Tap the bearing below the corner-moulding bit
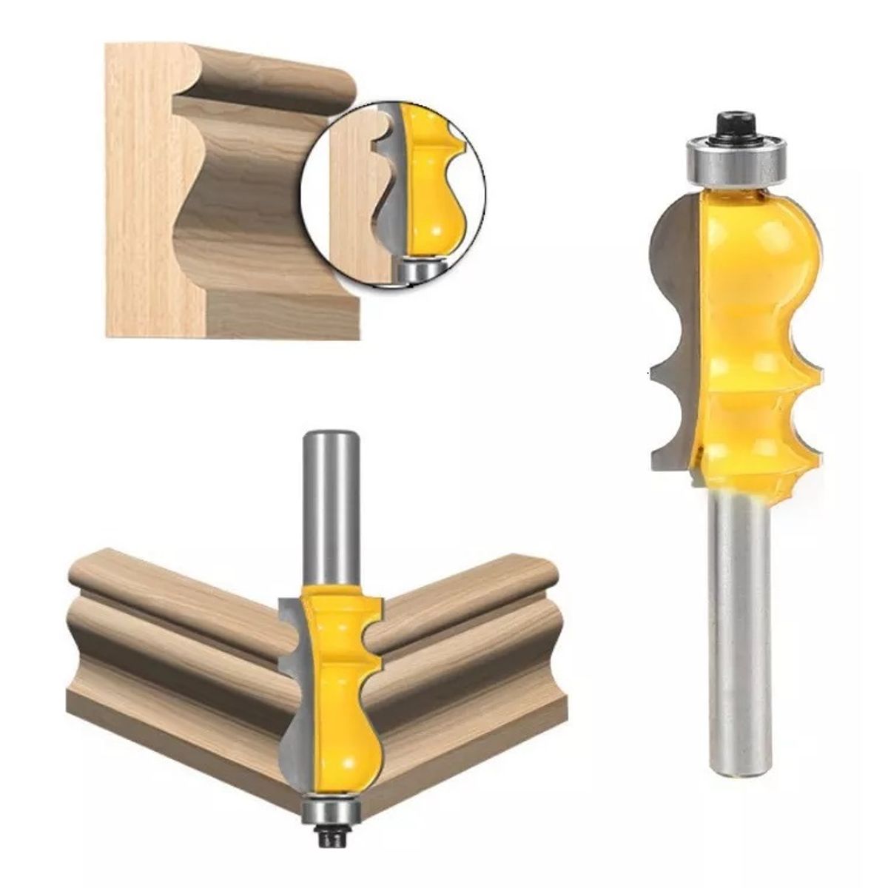(330, 807)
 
